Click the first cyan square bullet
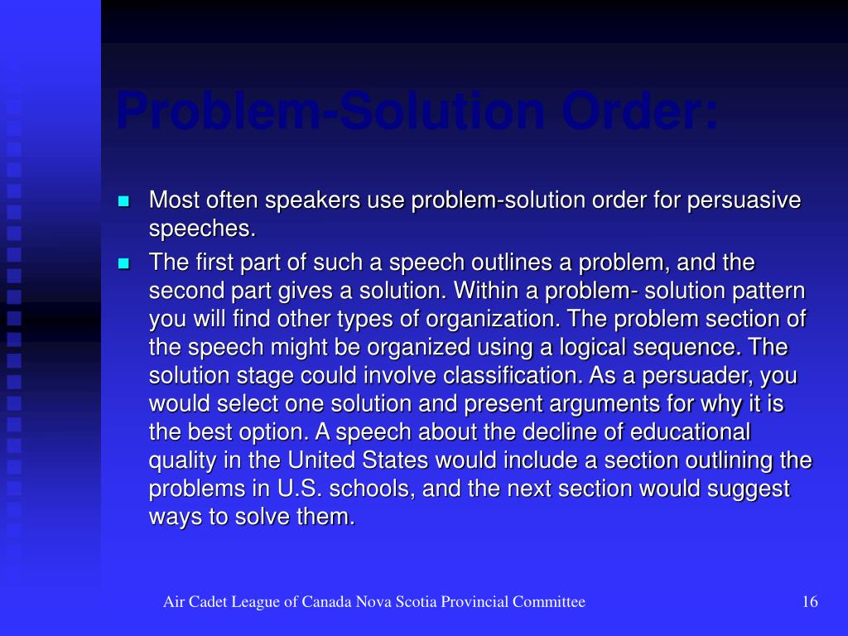point(124,201)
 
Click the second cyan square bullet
point(124,263)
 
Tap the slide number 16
point(810,602)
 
